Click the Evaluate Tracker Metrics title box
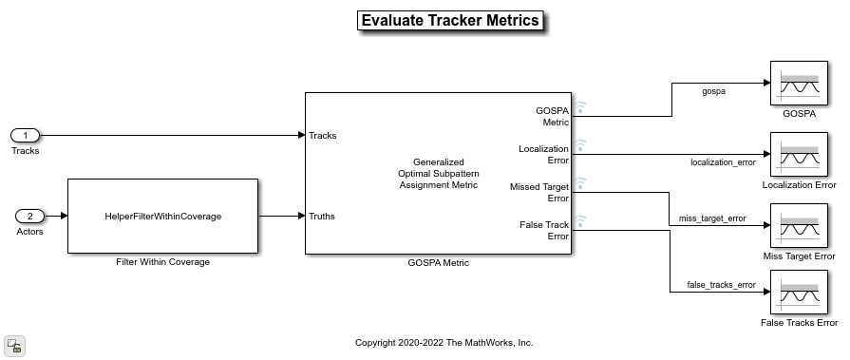pos(450,21)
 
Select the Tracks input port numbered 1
pos(26,136)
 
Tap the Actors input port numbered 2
pos(29,217)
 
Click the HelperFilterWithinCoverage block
pos(162,216)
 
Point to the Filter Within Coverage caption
pos(162,262)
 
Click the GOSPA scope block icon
pos(799,83)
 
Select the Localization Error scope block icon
pos(799,155)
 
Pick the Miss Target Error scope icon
pos(799,225)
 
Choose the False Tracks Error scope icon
pos(799,293)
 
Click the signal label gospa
pos(713,91)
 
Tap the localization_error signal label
pos(723,162)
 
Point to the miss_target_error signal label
pos(712,218)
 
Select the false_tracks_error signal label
pos(721,285)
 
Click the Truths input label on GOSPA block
pos(322,217)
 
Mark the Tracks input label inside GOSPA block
pos(323,136)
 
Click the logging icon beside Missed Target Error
pos(580,183)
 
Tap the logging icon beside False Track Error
pos(580,221)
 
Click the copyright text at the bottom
pos(444,343)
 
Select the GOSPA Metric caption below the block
pos(438,263)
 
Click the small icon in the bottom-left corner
pos(14,346)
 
